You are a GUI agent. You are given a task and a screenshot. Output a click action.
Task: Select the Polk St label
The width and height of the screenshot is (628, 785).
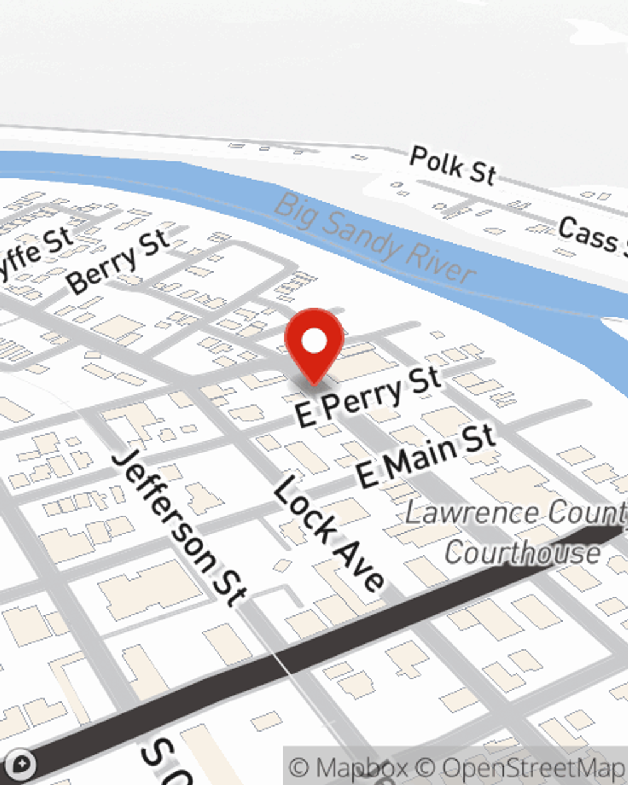click(x=452, y=165)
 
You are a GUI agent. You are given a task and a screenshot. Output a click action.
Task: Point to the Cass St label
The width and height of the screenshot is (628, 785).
click(x=590, y=236)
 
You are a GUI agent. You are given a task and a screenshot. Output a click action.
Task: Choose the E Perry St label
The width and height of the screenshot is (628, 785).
click(x=369, y=397)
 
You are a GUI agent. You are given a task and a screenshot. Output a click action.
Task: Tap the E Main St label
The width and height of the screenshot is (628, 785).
click(x=426, y=456)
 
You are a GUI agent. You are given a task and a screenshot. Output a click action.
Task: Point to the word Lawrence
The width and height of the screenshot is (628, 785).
click(x=471, y=513)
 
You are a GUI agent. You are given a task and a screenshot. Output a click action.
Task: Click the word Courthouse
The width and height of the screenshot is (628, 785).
click(x=522, y=553)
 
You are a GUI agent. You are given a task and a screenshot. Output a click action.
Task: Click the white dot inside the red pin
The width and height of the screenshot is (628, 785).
click(x=314, y=342)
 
